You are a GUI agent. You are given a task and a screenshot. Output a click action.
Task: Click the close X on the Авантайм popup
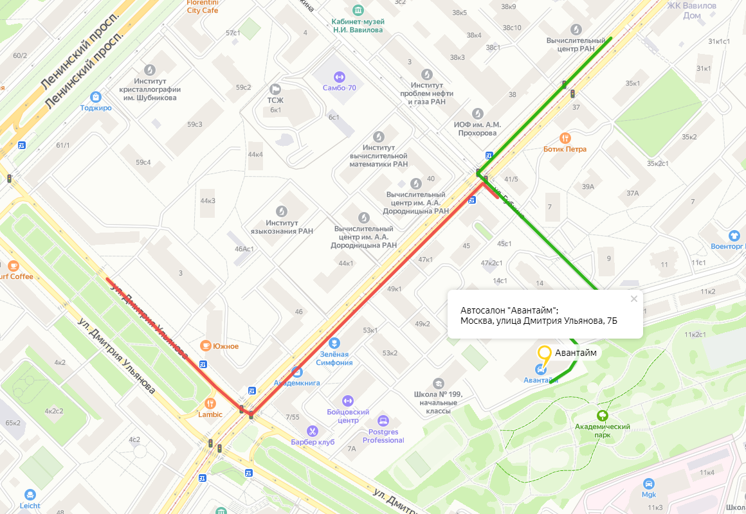tap(633, 299)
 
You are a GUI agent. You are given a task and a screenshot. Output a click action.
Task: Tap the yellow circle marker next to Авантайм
tap(545, 352)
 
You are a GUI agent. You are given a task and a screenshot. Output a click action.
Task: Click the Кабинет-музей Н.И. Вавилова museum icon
tap(358, 10)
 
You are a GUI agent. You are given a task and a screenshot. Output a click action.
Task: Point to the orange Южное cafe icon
tap(206, 346)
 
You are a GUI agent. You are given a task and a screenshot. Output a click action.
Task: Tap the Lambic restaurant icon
tap(210, 403)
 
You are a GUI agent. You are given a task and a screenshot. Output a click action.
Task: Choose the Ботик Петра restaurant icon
tap(565, 137)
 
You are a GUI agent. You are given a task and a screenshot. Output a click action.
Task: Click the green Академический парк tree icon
tap(602, 416)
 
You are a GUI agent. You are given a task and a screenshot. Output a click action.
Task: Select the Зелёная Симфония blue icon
tap(334, 342)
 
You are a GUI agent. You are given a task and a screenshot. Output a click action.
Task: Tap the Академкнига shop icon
tap(296, 371)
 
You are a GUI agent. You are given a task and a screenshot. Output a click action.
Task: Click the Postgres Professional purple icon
tap(383, 421)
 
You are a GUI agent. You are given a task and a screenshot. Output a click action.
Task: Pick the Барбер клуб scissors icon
tap(313, 430)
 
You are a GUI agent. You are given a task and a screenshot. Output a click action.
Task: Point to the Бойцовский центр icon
tap(348, 400)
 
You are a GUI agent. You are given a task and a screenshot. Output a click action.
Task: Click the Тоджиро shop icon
tap(96, 96)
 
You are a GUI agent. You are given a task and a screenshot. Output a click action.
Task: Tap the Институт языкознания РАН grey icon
tap(282, 211)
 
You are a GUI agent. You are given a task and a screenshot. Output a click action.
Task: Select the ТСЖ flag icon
tap(275, 89)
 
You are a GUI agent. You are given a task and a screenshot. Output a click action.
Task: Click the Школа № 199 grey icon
tap(439, 384)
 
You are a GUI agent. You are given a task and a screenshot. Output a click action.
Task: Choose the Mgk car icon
tap(648, 484)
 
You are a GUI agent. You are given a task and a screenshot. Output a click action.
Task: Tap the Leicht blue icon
tap(30, 494)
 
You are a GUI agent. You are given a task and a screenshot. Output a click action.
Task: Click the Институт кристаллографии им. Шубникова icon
tap(150, 69)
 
